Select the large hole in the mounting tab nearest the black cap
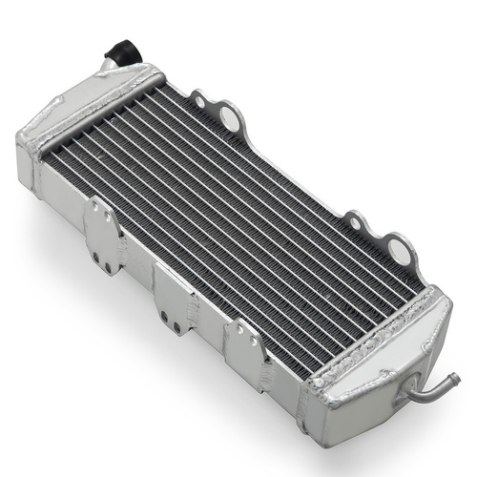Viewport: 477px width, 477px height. pyautogui.click(x=229, y=117)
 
